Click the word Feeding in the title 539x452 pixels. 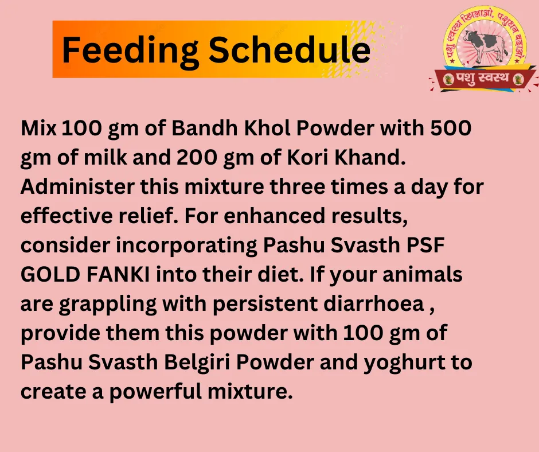[x=130, y=50]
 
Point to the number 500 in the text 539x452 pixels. [x=451, y=128]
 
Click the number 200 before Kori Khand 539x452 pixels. [x=197, y=157]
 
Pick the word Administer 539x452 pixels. [x=77, y=186]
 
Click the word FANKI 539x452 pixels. [x=118, y=275]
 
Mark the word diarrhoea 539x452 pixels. [x=374, y=304]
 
